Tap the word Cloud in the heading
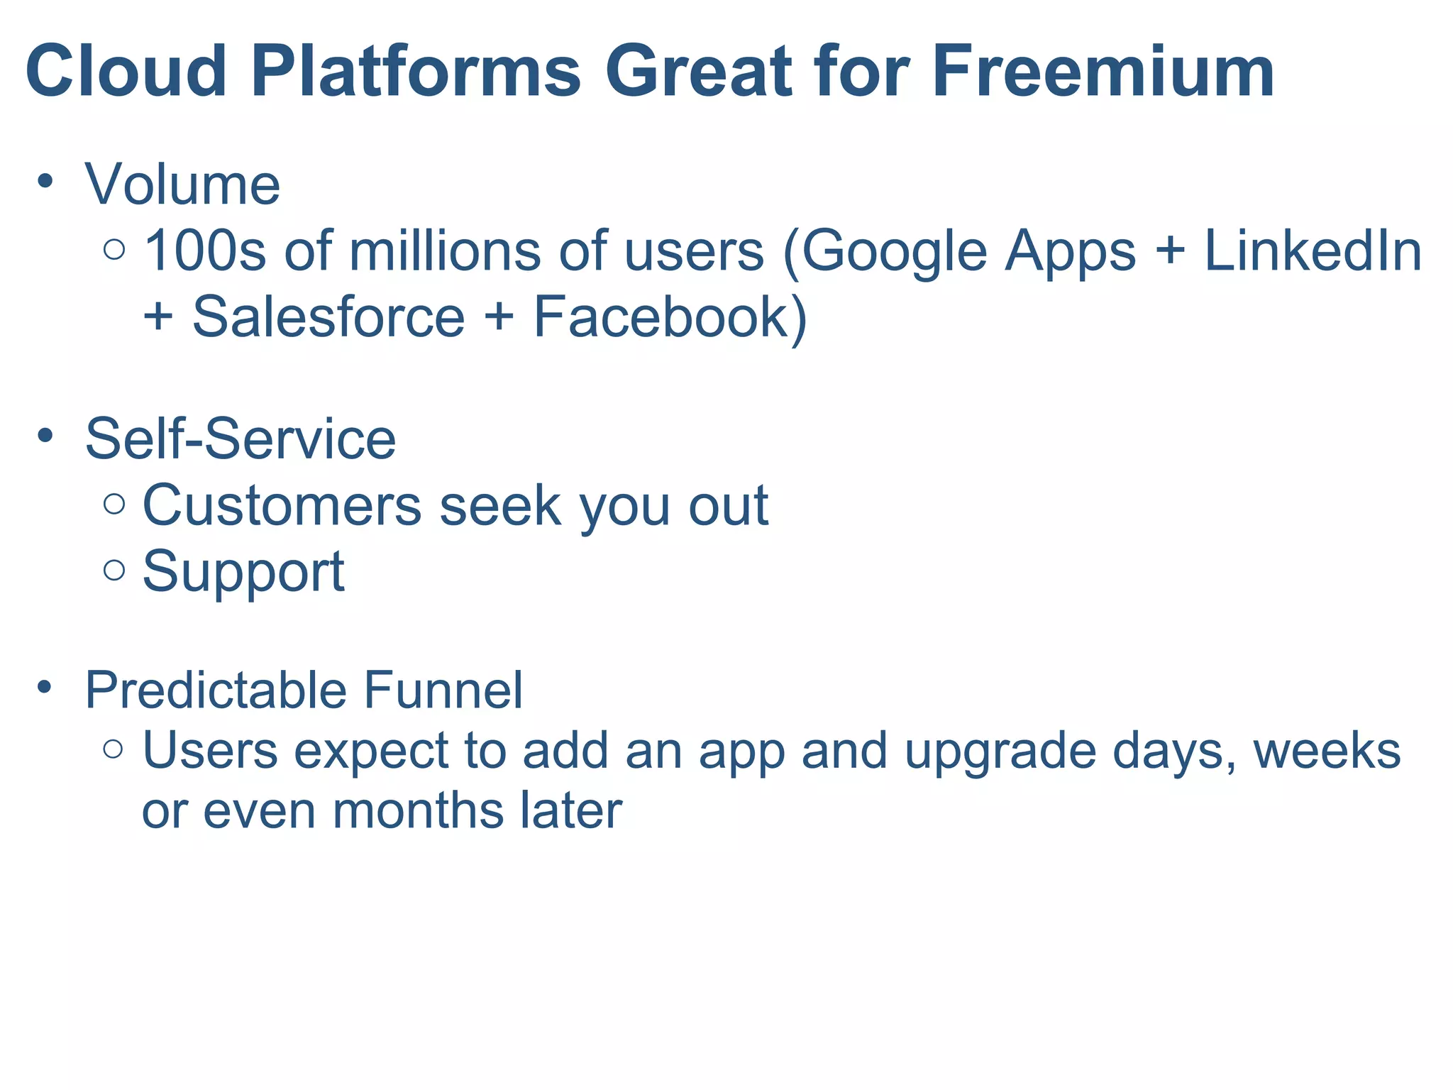point(126,72)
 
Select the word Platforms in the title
point(415,72)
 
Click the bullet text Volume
point(182,185)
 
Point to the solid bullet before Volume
point(45,181)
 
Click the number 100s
point(204,251)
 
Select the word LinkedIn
point(1313,251)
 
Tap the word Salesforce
point(328,316)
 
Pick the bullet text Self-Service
point(240,439)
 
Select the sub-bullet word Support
point(243,572)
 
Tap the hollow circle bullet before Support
point(114,570)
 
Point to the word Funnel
point(443,690)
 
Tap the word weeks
point(1327,751)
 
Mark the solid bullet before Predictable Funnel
point(45,687)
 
